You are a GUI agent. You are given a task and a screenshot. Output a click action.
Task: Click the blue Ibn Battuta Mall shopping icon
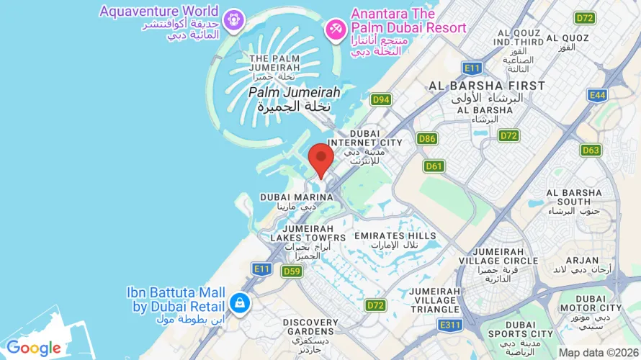pyautogui.click(x=238, y=302)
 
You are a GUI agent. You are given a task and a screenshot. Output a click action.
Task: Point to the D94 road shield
pyautogui.click(x=381, y=99)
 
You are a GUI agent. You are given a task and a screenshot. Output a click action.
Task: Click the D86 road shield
pyautogui.click(x=427, y=138)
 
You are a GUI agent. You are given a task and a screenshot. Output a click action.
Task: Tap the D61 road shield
pyautogui.click(x=434, y=166)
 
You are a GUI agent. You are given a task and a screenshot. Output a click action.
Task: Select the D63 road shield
pyautogui.click(x=591, y=150)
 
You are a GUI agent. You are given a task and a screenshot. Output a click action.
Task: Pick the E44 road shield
pyautogui.click(x=596, y=94)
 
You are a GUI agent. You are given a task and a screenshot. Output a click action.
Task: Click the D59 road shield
pyautogui.click(x=292, y=271)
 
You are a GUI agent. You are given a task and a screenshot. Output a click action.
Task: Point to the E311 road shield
pyautogui.click(x=450, y=325)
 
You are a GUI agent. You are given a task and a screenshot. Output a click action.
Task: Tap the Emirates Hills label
pyautogui.click(x=395, y=235)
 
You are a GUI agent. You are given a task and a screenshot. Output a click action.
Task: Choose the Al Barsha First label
pyautogui.click(x=487, y=86)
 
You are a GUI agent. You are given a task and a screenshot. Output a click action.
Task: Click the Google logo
pyautogui.click(x=34, y=348)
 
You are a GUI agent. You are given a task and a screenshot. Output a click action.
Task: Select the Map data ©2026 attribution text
pyautogui.click(x=598, y=353)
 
